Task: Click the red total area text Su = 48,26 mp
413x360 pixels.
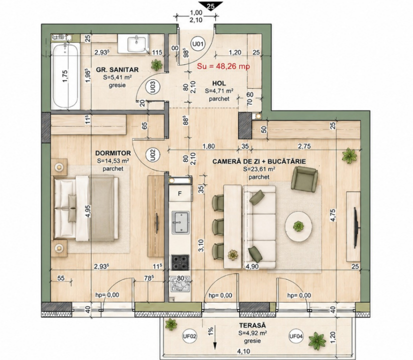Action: [223, 66]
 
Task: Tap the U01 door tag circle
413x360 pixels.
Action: [198, 44]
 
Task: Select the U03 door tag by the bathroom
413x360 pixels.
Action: [153, 86]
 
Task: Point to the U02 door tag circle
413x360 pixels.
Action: [153, 155]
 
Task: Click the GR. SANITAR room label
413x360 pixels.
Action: [117, 70]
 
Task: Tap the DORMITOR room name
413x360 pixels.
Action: [113, 153]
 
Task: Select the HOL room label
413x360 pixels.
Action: [219, 83]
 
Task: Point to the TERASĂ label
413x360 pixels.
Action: [252, 326]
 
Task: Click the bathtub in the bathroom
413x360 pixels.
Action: [65, 75]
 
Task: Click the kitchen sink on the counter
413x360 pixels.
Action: [180, 222]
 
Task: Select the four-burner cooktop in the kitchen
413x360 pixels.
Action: [180, 262]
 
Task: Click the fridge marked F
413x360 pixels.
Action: [180, 194]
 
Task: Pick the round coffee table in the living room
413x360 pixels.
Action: [299, 226]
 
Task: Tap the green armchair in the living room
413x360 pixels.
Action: [304, 179]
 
